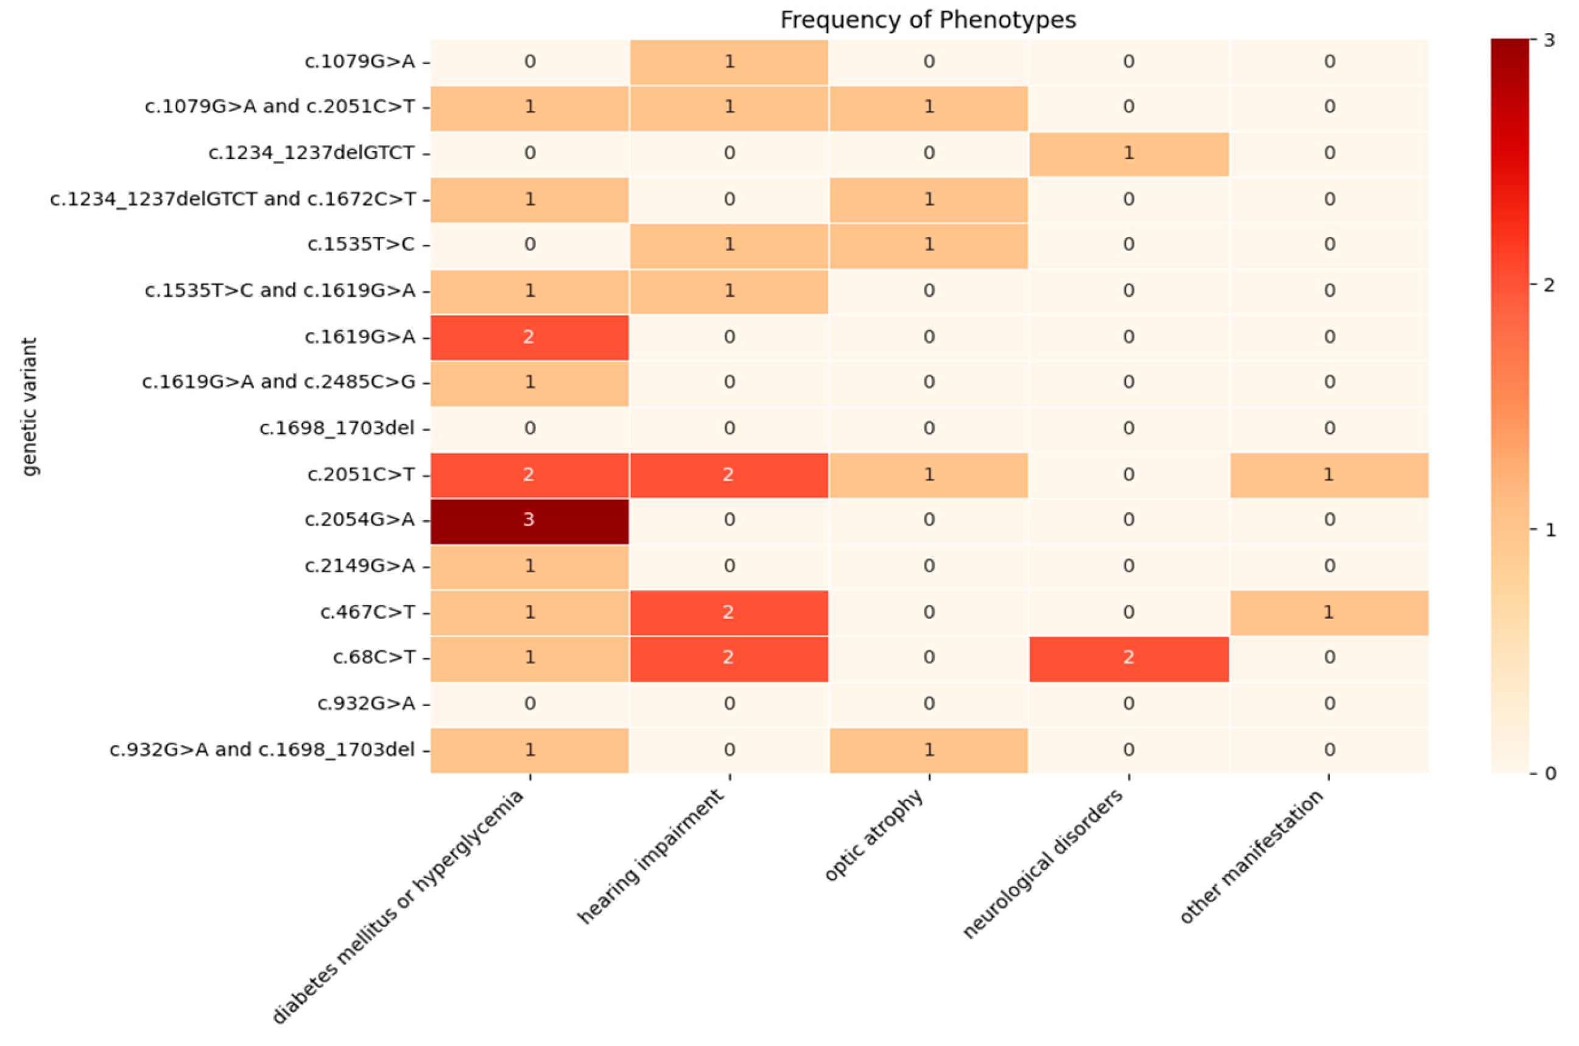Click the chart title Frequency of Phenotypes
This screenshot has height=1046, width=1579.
[927, 20]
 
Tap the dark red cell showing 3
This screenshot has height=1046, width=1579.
[529, 520]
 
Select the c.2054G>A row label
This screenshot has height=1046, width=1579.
[359, 520]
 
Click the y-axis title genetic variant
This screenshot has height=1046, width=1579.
[29, 406]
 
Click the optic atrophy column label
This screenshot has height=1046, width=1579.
[875, 835]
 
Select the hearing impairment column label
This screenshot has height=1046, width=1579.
[652, 857]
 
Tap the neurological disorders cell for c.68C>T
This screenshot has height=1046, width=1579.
[1128, 658]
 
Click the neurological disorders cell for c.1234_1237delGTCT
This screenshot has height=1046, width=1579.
[1128, 154]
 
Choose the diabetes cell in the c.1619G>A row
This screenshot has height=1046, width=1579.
[529, 337]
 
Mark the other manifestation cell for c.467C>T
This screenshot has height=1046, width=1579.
[1328, 612]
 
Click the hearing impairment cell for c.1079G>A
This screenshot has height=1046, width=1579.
[729, 62]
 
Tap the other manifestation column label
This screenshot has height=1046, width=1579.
[1252, 857]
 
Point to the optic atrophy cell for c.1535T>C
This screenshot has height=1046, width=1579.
[929, 245]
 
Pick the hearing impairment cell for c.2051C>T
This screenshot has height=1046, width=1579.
[729, 475]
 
